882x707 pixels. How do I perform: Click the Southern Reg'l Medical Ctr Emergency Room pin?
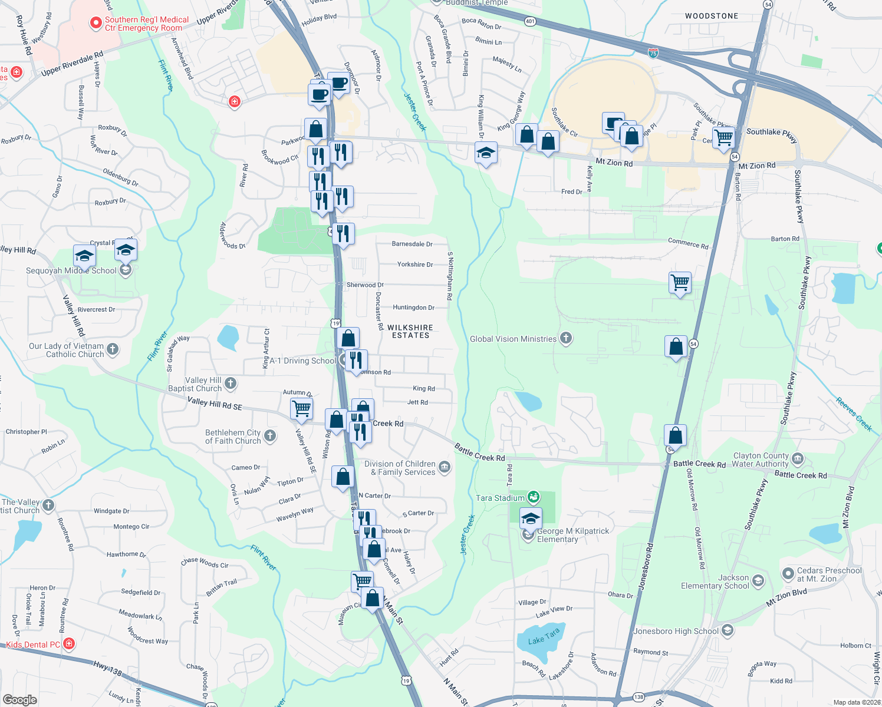coord(96,24)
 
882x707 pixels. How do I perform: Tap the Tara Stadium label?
coord(500,498)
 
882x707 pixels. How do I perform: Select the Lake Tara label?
coord(544,637)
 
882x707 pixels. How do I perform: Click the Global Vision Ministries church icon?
coord(566,338)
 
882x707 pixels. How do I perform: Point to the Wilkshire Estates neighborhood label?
coord(410,331)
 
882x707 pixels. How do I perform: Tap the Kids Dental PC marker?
coord(69,644)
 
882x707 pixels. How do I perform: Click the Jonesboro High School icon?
coord(727,631)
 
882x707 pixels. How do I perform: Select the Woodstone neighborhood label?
coord(711,16)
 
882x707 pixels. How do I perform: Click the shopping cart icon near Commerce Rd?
coord(680,282)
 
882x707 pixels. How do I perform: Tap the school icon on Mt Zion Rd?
coord(485,153)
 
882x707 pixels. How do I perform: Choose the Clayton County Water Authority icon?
coord(797,459)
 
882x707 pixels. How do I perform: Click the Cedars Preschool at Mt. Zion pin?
coord(788,573)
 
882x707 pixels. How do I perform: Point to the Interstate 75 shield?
coord(653,53)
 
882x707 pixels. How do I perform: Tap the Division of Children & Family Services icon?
coord(445,468)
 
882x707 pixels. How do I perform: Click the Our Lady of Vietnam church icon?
coord(113,349)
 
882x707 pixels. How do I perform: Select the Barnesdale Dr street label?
coord(412,244)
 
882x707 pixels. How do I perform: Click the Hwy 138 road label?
coord(107,668)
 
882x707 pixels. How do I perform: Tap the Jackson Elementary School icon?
coord(758,582)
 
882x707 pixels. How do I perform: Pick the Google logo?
coord(19,699)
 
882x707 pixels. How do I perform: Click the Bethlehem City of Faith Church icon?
coord(270,436)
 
